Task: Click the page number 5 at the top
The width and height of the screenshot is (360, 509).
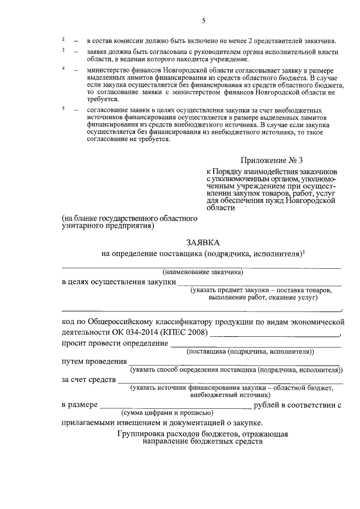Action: pyautogui.click(x=204, y=21)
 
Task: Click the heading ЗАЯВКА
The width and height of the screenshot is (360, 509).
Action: pyautogui.click(x=204, y=242)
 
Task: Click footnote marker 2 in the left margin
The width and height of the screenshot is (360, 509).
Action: pyautogui.click(x=64, y=40)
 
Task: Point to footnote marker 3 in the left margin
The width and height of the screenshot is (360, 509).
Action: pyautogui.click(x=64, y=51)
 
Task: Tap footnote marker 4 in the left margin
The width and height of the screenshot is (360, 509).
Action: pyautogui.click(x=64, y=68)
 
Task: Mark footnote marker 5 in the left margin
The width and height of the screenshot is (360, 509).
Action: pyautogui.click(x=64, y=107)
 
